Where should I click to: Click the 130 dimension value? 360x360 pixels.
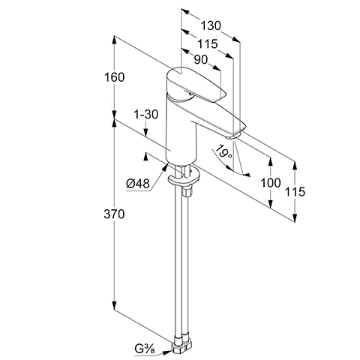tap(211, 25)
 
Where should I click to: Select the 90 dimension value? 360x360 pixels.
tap(201, 59)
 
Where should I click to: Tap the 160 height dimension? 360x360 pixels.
tap(114, 77)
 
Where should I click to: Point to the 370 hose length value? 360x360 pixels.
tap(114, 214)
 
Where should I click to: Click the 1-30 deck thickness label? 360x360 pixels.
tap(146, 115)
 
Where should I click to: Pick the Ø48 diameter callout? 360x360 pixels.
tap(138, 184)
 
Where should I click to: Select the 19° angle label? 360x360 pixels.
tap(223, 151)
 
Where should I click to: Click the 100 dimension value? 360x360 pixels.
tap(271, 183)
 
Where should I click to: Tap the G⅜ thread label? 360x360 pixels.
tap(145, 349)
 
